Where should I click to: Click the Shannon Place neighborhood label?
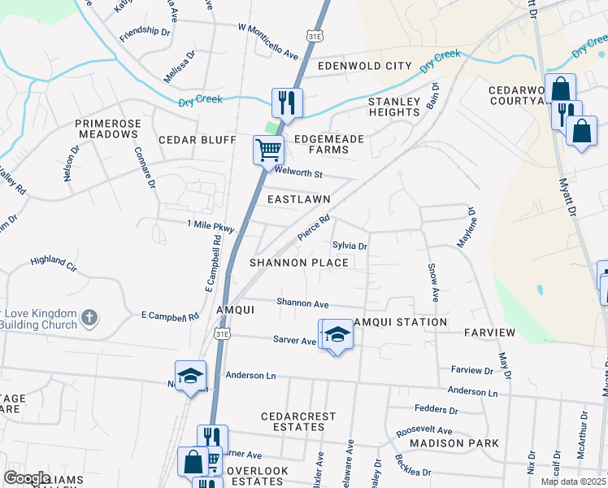pos(298,263)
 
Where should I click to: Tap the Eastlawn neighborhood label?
pos(298,198)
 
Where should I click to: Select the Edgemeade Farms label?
pos(328,145)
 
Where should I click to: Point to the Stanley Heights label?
pos(394,107)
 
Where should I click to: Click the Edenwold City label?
pos(365,66)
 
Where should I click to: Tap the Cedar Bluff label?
pos(197,140)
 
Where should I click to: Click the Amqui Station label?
pos(403,322)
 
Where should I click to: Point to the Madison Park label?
pos(454,443)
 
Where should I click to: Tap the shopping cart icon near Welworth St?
pos(268,150)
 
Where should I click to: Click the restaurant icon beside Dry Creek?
pos(286,102)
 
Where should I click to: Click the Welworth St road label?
pos(299,174)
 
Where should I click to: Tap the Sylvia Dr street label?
pos(350,246)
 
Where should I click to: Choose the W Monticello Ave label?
pos(268,40)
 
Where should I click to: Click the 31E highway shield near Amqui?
pos(223,333)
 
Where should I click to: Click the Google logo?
pos(27,478)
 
